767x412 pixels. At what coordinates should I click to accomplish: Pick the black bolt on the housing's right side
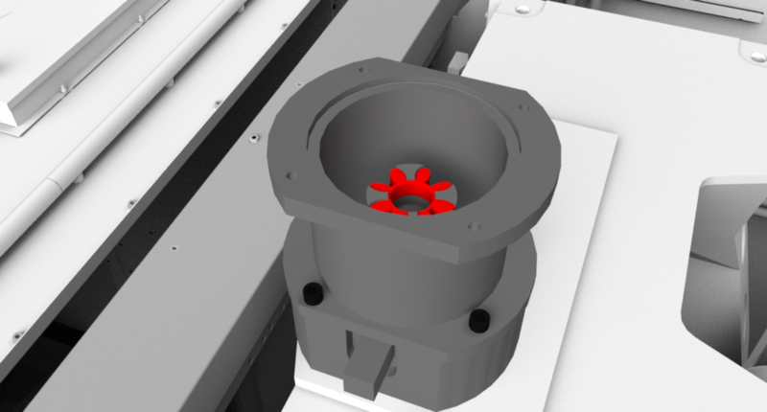[x=477, y=320]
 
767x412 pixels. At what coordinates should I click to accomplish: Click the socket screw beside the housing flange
[x=251, y=140]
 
